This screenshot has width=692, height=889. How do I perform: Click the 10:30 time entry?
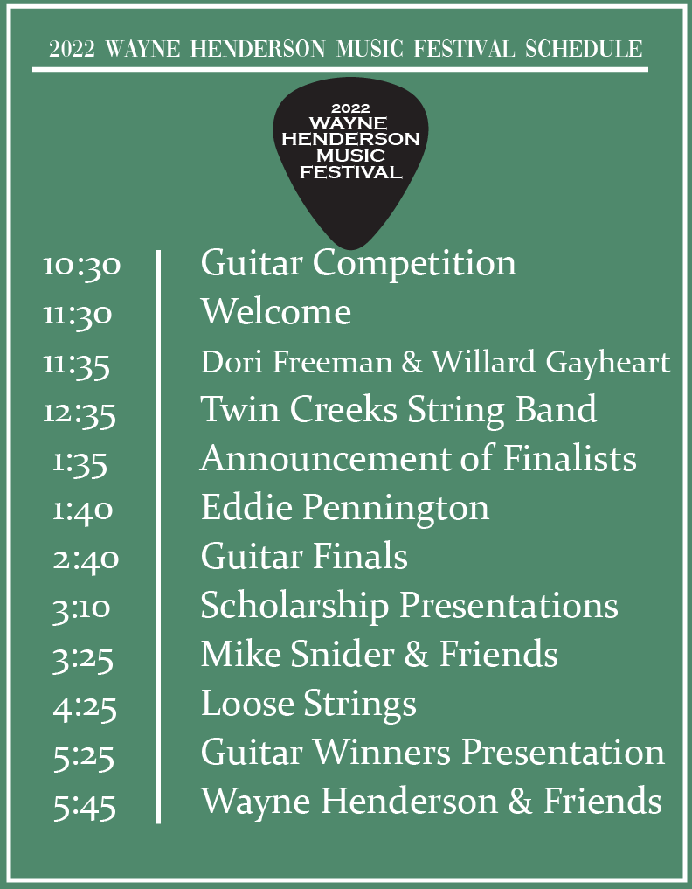pyautogui.click(x=81, y=266)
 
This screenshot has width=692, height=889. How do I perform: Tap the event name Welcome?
pyautogui.click(x=276, y=311)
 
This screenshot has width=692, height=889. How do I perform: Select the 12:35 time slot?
pyautogui.click(x=80, y=413)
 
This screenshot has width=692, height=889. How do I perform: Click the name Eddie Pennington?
pyautogui.click(x=344, y=508)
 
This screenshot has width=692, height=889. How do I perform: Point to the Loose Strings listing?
pyautogui.click(x=309, y=705)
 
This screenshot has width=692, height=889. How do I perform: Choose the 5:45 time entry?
pyautogui.click(x=85, y=806)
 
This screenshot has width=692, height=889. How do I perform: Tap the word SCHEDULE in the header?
pyautogui.click(x=584, y=49)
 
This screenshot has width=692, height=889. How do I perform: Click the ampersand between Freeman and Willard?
pyautogui.click(x=412, y=362)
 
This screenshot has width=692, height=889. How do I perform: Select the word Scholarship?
pyautogui.click(x=294, y=606)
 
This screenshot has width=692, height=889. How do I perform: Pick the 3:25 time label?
pyautogui.click(x=83, y=659)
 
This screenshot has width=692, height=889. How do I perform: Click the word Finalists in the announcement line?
pyautogui.click(x=570, y=458)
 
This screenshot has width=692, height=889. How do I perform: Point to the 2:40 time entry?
pyautogui.click(x=86, y=559)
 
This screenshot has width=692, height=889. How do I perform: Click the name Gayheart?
pyautogui.click(x=607, y=364)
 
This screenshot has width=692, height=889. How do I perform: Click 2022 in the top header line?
pyautogui.click(x=72, y=49)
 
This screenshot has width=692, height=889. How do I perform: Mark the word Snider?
pyautogui.click(x=342, y=654)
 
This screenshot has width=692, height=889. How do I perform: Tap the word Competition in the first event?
pyautogui.click(x=414, y=264)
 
